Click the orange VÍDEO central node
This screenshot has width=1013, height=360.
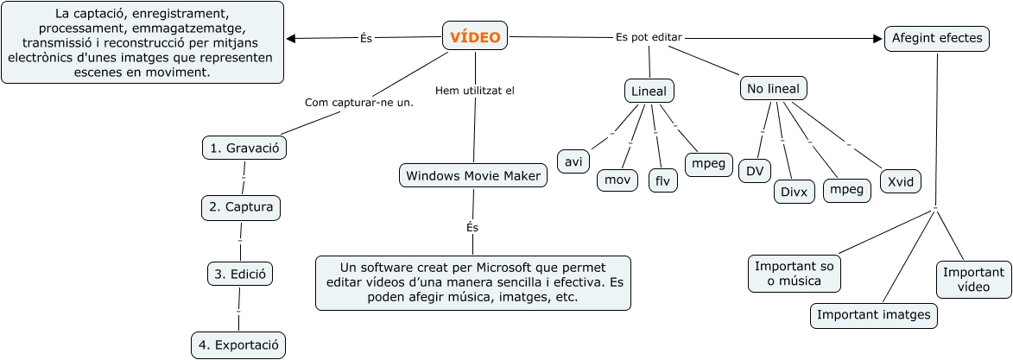tap(475, 36)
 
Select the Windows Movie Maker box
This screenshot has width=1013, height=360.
tap(474, 176)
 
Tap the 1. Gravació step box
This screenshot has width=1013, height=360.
tap(244, 148)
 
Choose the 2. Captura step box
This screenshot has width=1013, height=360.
tap(241, 207)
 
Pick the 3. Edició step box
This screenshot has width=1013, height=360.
tap(241, 274)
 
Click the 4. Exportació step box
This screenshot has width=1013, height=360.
tap(238, 345)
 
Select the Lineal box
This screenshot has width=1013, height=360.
tap(649, 92)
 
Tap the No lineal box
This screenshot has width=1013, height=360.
tap(773, 88)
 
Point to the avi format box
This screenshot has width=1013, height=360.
tap(573, 161)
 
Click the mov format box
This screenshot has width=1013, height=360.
tap(617, 180)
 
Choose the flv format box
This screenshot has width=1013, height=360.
tap(663, 180)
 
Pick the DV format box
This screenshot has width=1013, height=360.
tap(755, 171)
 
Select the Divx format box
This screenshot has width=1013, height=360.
tap(794, 192)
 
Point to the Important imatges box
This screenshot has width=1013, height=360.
tap(874, 316)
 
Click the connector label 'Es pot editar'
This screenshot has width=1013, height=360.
tap(649, 37)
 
